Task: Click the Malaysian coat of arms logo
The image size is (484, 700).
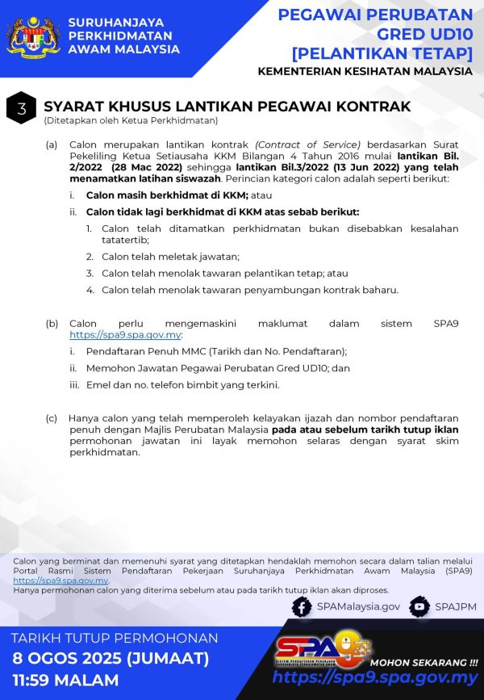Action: click(x=32, y=37)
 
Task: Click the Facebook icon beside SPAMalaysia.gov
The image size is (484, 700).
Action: click(x=302, y=606)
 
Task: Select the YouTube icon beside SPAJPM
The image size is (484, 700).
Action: click(x=419, y=606)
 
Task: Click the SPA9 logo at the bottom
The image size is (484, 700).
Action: click(x=323, y=649)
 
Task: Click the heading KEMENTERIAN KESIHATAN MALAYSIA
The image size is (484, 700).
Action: click(x=365, y=71)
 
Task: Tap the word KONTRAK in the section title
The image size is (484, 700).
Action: click(x=373, y=107)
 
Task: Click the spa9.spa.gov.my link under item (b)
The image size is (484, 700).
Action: click(x=125, y=334)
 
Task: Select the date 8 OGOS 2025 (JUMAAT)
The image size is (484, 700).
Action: click(x=111, y=659)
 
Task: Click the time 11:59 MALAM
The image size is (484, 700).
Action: click(x=65, y=680)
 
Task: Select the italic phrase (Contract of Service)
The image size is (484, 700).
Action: click(x=307, y=145)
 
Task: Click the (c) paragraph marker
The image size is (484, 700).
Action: click(x=51, y=418)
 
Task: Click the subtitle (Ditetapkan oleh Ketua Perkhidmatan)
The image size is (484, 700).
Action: click(x=131, y=121)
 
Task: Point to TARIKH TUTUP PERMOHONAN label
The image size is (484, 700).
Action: click(x=115, y=638)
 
